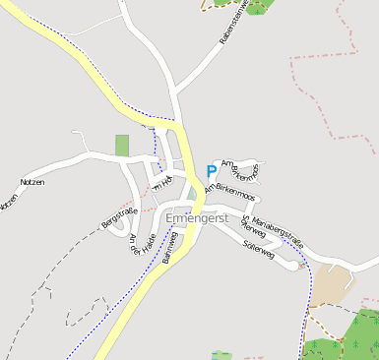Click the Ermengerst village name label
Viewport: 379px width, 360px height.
[197, 217]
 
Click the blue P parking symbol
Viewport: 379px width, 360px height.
[211, 171]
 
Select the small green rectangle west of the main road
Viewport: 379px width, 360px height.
[122, 145]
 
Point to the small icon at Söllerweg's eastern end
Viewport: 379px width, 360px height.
[300, 266]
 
